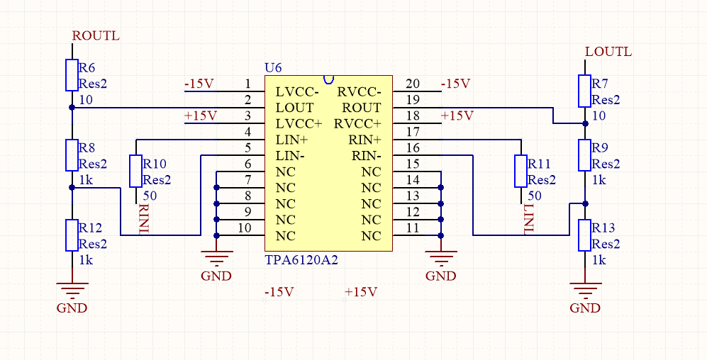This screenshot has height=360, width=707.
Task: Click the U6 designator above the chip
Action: click(x=273, y=67)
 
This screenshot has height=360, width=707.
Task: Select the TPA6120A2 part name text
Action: click(x=301, y=260)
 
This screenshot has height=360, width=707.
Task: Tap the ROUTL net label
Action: click(x=96, y=35)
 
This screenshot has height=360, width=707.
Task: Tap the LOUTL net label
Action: click(x=608, y=52)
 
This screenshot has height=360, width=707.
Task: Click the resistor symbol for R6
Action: click(x=72, y=75)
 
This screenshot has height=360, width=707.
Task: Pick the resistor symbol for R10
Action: click(x=135, y=171)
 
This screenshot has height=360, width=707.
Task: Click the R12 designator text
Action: click(x=91, y=228)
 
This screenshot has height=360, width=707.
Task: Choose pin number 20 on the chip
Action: click(x=412, y=84)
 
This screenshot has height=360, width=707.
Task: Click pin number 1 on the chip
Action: click(x=247, y=84)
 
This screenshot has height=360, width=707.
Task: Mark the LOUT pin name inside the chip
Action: click(x=294, y=108)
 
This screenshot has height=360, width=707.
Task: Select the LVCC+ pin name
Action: click(x=299, y=124)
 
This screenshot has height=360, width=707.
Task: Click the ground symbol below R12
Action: click(x=72, y=288)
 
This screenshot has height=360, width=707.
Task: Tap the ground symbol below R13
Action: click(x=585, y=288)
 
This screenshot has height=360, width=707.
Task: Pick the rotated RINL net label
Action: click(x=144, y=218)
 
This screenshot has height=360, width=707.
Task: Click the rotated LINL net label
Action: click(x=528, y=218)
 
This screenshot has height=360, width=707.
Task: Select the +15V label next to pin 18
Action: click(x=456, y=116)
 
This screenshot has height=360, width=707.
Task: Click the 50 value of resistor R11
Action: click(x=535, y=195)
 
